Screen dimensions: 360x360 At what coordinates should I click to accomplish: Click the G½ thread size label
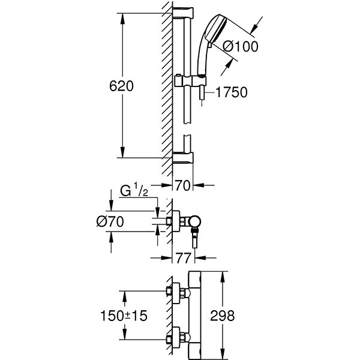coord(133,193)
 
